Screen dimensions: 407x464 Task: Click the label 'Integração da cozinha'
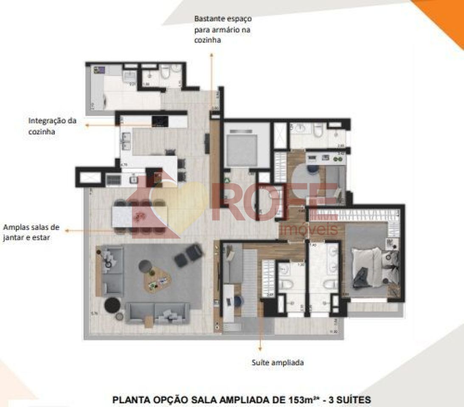pyautogui.click(x=52, y=126)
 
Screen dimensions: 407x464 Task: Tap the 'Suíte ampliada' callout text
pyautogui.click(x=277, y=363)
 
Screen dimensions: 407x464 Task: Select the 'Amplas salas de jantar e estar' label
pyautogui.click(x=31, y=233)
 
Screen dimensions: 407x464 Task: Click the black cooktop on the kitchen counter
pyautogui.click(x=160, y=121)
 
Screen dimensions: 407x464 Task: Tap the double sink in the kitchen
pyautogui.click(x=126, y=140)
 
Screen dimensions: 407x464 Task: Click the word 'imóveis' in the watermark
pyautogui.click(x=309, y=230)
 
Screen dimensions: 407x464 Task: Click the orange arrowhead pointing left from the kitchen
pyautogui.click(x=87, y=125)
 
